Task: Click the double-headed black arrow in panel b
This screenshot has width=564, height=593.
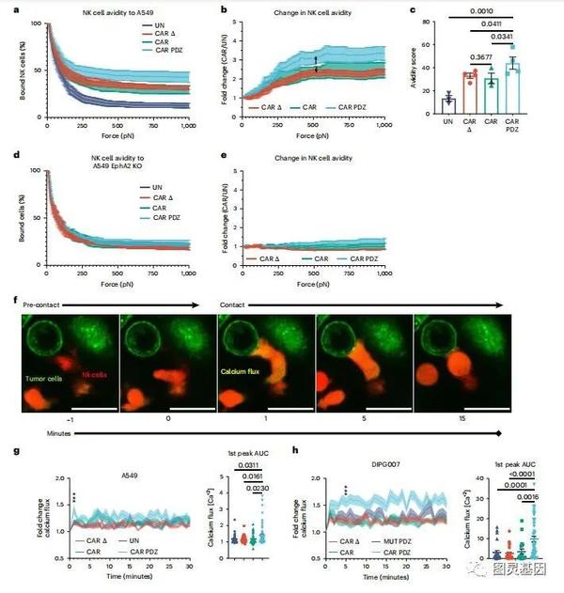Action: (317, 64)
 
